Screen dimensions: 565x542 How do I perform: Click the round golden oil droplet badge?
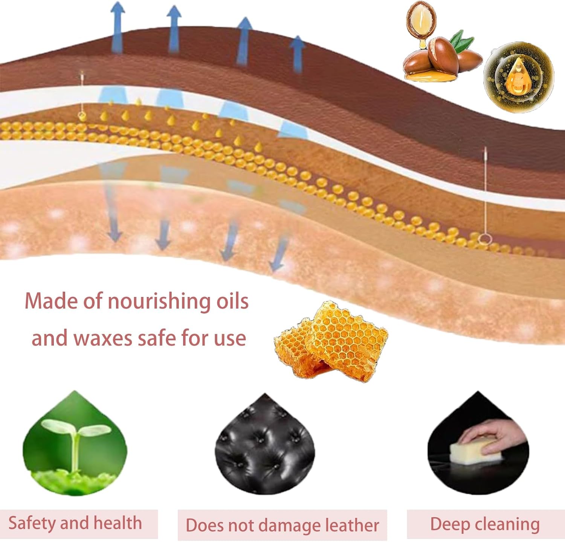[519, 78]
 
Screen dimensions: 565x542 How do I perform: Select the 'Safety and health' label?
[75, 523]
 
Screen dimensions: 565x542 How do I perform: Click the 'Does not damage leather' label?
[282, 525]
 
